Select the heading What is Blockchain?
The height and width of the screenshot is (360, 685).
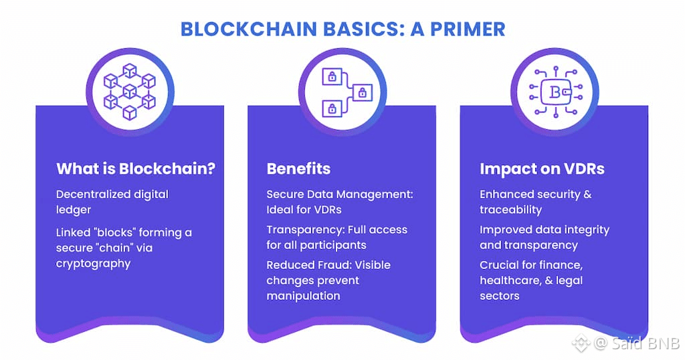pyautogui.click(x=136, y=169)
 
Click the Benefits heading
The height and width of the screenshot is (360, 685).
pyautogui.click(x=298, y=169)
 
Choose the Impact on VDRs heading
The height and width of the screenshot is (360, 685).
pyautogui.click(x=542, y=169)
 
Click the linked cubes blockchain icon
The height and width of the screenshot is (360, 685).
pyautogui.click(x=130, y=92)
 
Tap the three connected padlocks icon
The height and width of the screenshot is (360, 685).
pyautogui.click(x=342, y=92)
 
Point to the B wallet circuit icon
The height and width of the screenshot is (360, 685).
pyautogui.click(x=555, y=92)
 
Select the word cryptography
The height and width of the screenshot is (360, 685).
pyautogui.click(x=93, y=264)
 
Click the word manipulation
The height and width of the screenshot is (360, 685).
pyautogui.click(x=303, y=296)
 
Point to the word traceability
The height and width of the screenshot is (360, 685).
pyautogui.click(x=510, y=210)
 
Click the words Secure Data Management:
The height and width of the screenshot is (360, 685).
pyautogui.click(x=340, y=195)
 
